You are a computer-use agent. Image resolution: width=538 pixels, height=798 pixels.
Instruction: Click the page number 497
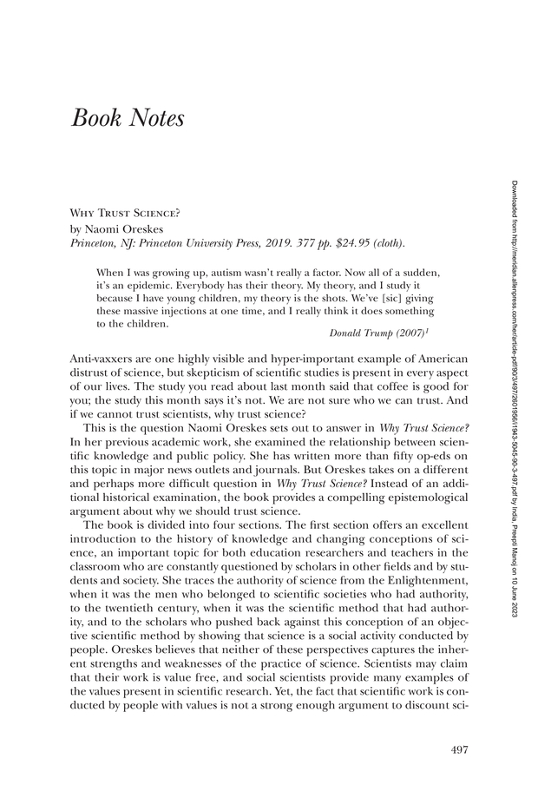click(459, 749)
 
